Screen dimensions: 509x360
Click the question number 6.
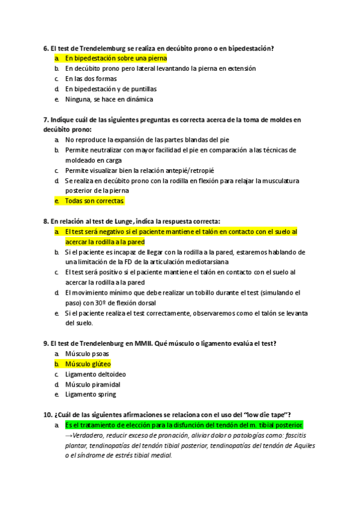(x=46, y=47)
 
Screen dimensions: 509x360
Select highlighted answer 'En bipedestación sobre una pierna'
(x=116, y=58)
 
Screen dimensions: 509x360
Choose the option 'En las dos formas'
(x=91, y=79)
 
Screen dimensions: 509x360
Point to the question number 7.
(x=46, y=119)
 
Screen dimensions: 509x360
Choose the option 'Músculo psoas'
(x=87, y=354)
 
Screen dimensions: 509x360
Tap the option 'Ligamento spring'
(x=90, y=394)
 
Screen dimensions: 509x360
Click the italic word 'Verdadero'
(x=91, y=436)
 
